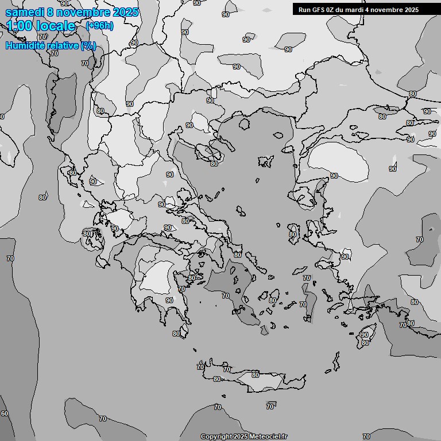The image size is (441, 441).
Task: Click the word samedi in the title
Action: coord(24,12)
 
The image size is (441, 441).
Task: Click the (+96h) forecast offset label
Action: coord(99,26)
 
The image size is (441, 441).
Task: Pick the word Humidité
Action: coord(25,45)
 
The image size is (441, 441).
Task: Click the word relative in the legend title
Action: coord(63,45)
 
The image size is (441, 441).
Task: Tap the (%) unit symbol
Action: coord(88,45)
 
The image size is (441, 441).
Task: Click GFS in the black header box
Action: coord(319,10)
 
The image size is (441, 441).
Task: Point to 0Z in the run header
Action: coord(332,10)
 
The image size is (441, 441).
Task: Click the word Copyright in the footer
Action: coord(216,437)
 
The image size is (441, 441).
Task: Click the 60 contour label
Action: coord(5,413)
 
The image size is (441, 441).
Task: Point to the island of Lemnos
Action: coord(266,161)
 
